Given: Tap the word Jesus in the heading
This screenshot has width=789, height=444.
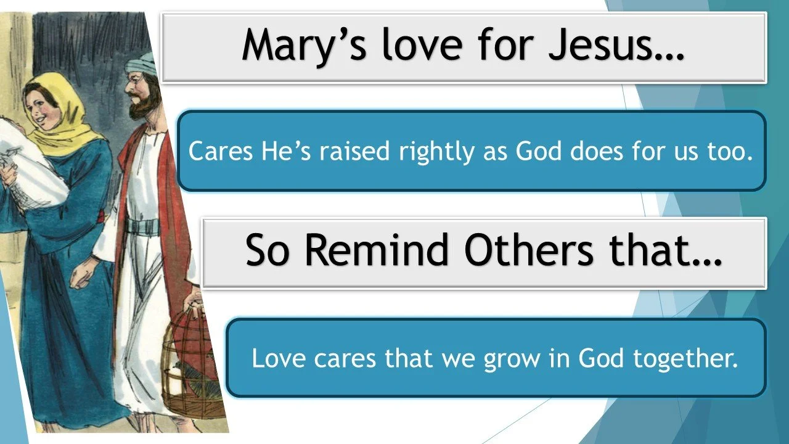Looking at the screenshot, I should coord(610,44).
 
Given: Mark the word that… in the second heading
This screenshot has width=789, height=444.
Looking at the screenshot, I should coord(672,251).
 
